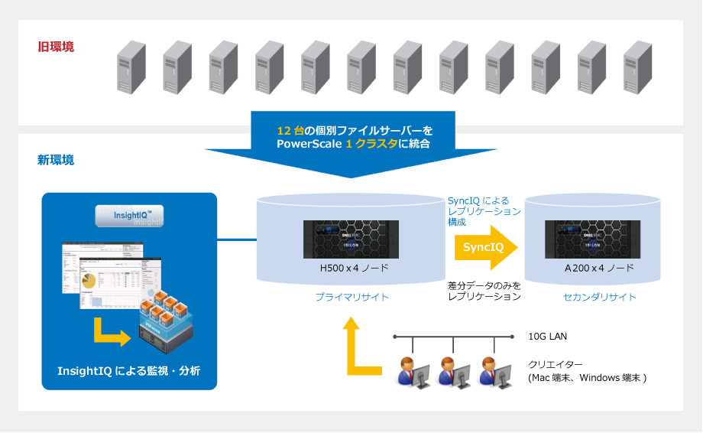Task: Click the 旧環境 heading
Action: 56,47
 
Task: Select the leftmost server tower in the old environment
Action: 131,67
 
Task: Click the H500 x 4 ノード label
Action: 353,269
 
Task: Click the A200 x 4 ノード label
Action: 599,269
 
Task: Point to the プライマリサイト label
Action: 352,297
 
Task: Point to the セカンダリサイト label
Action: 599,297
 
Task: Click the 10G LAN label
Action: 547,337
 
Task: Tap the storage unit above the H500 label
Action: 352,239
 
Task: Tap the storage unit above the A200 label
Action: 592,239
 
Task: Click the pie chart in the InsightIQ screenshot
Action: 89,282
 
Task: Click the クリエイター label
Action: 552,365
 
